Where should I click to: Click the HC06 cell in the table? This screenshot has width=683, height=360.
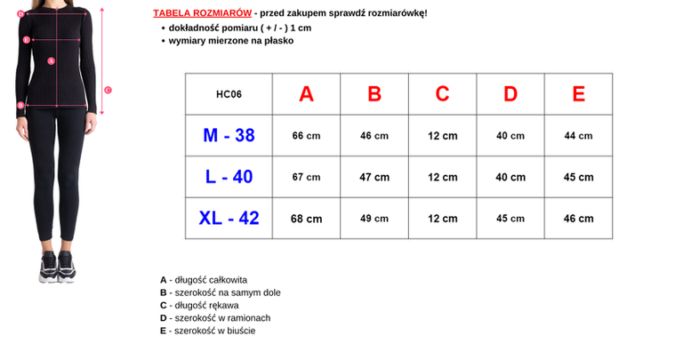(x=229, y=94)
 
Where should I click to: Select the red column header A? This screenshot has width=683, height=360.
(x=307, y=94)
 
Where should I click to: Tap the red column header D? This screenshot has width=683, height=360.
(x=510, y=94)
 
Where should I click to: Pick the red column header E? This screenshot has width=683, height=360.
(x=579, y=94)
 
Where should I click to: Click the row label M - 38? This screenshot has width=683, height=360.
(x=229, y=135)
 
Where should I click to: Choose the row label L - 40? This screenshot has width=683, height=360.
(x=229, y=177)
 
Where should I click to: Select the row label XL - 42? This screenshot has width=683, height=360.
(x=229, y=218)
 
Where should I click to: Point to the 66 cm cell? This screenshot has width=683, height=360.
(x=306, y=136)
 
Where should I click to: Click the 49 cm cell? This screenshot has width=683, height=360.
(x=374, y=219)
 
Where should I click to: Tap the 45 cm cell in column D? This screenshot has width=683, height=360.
(x=510, y=219)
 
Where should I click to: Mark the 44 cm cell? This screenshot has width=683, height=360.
(x=579, y=136)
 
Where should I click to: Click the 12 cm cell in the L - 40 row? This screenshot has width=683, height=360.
(x=442, y=177)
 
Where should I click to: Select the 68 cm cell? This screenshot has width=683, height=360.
(x=307, y=219)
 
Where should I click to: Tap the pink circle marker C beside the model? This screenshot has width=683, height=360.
(x=108, y=89)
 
